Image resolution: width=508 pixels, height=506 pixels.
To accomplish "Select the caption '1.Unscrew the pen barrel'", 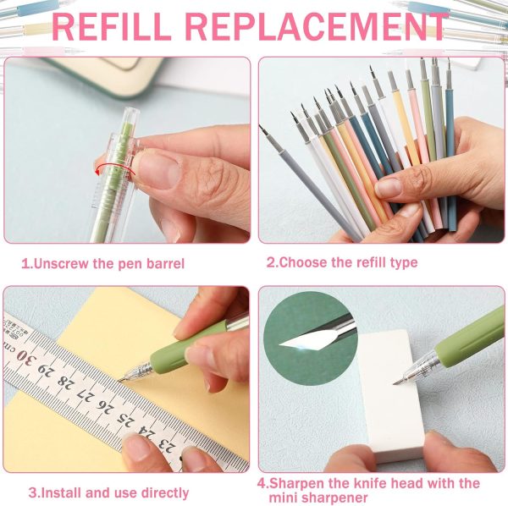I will pos(102,263).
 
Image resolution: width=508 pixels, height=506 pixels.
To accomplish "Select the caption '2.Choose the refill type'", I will pos(342,262).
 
